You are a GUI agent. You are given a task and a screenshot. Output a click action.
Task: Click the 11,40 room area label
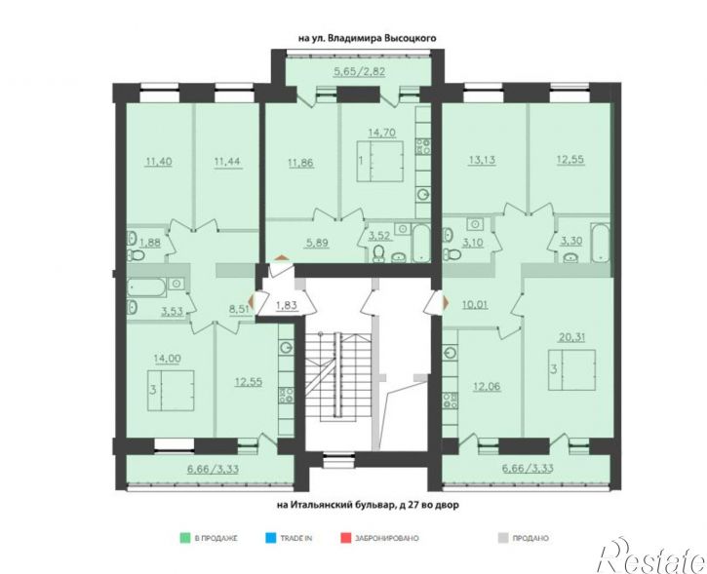pyautogui.click(x=158, y=162)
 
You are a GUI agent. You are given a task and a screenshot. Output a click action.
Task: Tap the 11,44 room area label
pyautogui.click(x=228, y=162)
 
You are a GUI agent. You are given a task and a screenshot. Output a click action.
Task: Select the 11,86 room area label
pyautogui.click(x=300, y=162)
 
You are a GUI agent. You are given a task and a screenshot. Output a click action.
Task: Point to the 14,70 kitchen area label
pyautogui.click(x=382, y=133)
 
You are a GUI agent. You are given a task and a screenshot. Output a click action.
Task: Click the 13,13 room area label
pyautogui.click(x=483, y=160)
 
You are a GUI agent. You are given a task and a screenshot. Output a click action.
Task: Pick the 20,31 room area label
pyautogui.click(x=571, y=336)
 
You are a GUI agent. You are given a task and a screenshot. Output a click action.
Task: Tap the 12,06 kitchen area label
pyautogui.click(x=487, y=386)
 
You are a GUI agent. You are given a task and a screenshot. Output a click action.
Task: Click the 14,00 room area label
pyautogui.click(x=168, y=359)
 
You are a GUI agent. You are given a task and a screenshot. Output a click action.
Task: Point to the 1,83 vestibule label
pyautogui.click(x=287, y=305)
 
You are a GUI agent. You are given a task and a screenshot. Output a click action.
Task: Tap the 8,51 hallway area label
pyautogui.click(x=240, y=309)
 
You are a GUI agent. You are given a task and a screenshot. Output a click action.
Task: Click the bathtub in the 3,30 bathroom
pyautogui.click(x=600, y=243)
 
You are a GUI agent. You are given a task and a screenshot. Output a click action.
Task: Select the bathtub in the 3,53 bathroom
pyautogui.click(x=146, y=287)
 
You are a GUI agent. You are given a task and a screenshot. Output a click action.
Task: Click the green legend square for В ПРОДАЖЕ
pyautogui.click(x=184, y=538)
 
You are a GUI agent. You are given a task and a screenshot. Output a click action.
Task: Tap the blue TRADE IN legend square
pyautogui.click(x=270, y=538)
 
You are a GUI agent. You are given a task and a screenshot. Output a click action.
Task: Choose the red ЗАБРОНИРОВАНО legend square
pyautogui.click(x=346, y=538)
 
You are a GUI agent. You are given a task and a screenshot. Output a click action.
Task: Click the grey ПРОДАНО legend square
pyautogui.click(x=503, y=538)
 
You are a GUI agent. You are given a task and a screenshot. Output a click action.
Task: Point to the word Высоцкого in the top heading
pyautogui.click(x=411, y=38)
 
